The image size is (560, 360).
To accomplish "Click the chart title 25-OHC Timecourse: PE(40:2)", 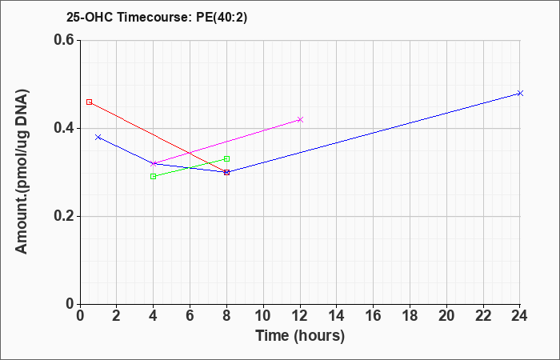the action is coord(157,18).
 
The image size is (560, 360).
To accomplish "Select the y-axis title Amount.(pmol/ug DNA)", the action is coord(22,172).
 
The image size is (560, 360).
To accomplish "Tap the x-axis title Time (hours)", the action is coord(300,336).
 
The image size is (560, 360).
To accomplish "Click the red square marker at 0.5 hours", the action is coord(90,102).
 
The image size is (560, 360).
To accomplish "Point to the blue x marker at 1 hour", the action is coord(98,137).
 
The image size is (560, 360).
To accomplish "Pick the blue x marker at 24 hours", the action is coord(520,94).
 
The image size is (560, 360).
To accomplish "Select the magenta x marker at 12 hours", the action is coord(300,120).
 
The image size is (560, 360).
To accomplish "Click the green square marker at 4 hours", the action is coord(154,177).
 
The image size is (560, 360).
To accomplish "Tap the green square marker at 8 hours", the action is coord(226,159).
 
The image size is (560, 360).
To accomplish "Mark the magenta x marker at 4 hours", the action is coord(154,163).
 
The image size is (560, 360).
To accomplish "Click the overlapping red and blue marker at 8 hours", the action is coord(226,173).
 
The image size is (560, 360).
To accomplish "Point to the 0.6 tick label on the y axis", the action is coord(64,40).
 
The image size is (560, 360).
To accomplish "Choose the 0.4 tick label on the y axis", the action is coord(64,128).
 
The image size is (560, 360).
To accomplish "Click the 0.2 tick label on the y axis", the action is coord(64,217).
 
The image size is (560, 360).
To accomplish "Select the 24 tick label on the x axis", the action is coord(519,316).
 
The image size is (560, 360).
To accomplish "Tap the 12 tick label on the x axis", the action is coord(300,316).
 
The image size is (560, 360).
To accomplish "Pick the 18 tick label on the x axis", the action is coord(410,316).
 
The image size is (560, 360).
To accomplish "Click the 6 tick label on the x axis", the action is coord(190,316).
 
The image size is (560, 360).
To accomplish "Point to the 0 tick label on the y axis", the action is coord(70,304).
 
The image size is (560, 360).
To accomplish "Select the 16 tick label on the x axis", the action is coord(373,316).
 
